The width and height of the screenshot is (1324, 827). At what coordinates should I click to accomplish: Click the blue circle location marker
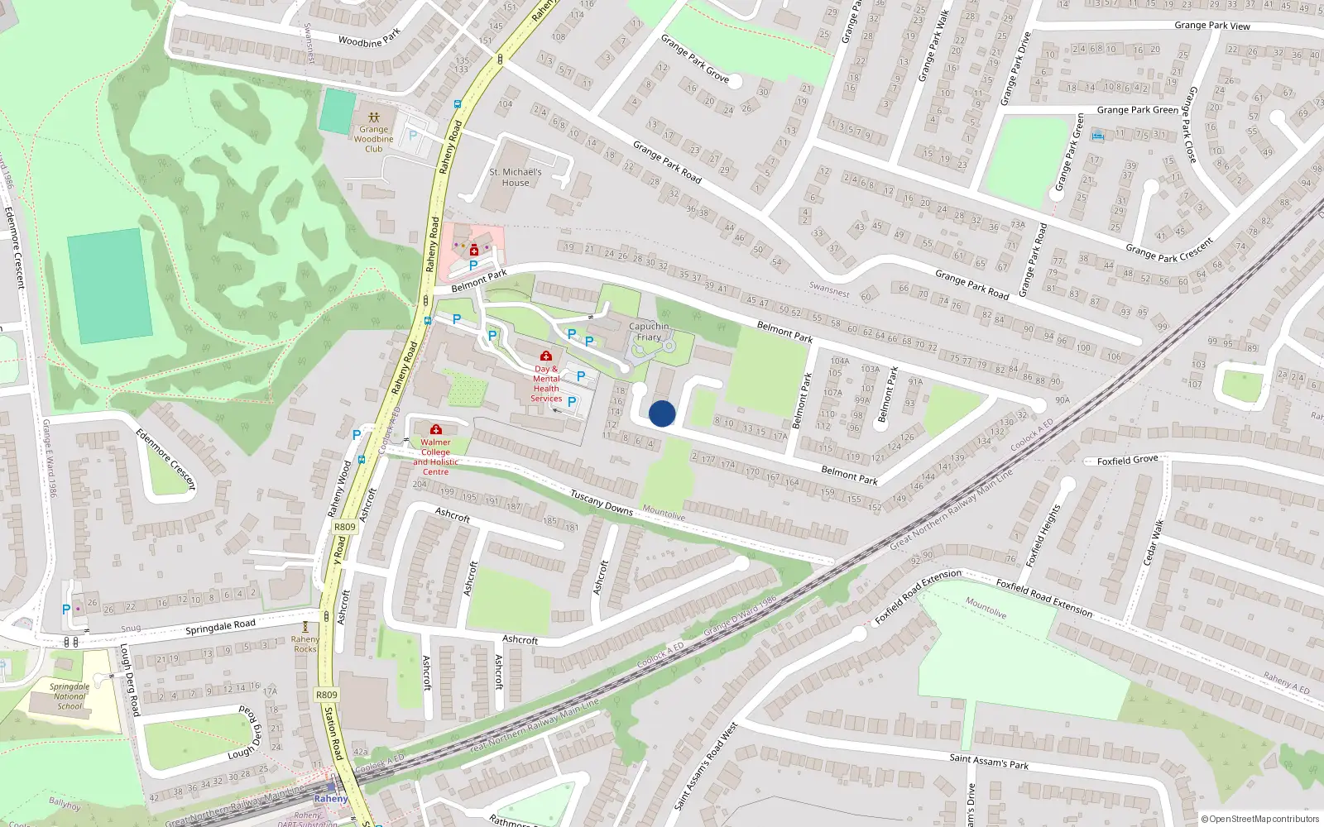[662, 413]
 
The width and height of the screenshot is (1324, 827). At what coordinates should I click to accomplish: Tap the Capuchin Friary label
[649, 332]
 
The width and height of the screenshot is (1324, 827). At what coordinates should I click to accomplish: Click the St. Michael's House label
[516, 177]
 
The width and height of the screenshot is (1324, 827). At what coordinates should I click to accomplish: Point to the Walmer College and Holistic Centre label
[435, 457]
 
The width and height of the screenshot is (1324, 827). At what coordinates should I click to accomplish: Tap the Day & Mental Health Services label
[546, 383]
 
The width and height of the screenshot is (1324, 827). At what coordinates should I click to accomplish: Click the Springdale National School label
[70, 696]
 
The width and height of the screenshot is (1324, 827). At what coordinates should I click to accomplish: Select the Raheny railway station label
[331, 798]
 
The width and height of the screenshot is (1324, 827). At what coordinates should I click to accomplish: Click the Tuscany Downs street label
[602, 502]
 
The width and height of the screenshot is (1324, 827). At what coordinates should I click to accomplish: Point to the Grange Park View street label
[1211, 26]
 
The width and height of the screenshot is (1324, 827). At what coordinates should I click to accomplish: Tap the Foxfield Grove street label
[1127, 460]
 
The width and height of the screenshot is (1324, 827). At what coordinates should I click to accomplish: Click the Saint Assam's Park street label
[989, 761]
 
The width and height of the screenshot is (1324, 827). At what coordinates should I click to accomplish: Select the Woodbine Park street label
[369, 38]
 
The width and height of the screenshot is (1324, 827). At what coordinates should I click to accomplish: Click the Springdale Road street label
[220, 626]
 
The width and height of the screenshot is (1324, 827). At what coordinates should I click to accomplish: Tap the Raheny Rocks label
[305, 644]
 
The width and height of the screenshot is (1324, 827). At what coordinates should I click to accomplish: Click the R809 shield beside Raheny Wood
[344, 527]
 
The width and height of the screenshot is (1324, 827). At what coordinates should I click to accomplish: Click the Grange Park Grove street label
[694, 58]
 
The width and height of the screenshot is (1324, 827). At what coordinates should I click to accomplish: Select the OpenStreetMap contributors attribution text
[1259, 819]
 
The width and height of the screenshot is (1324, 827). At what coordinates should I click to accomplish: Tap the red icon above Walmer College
[436, 429]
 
